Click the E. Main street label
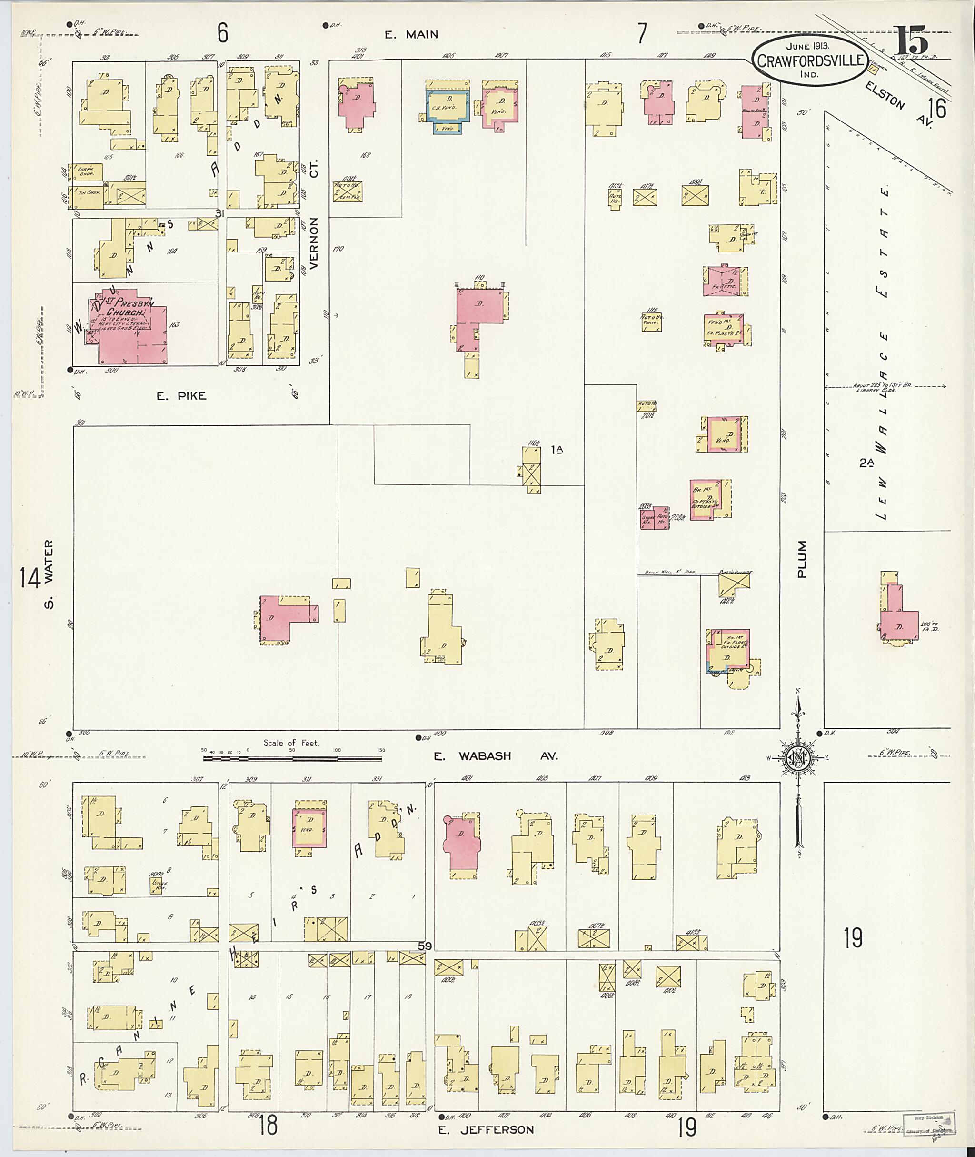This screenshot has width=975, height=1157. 411,35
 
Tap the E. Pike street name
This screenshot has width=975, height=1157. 181,395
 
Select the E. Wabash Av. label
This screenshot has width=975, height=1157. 495,756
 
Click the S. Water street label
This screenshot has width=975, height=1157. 49,574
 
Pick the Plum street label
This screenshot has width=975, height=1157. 802,559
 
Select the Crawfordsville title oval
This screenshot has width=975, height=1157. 810,60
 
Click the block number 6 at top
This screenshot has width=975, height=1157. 222,34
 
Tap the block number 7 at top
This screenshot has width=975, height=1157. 641,34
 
